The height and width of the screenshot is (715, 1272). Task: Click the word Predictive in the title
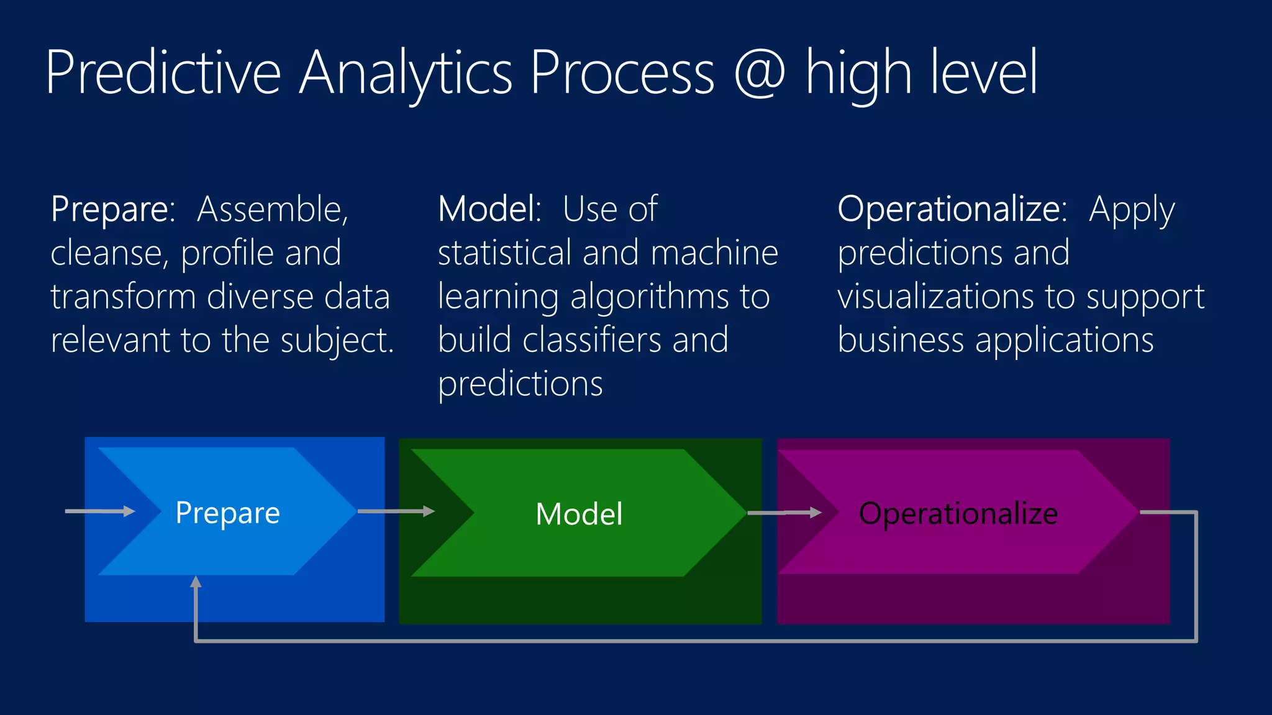163,73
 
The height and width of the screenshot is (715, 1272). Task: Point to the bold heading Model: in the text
489,209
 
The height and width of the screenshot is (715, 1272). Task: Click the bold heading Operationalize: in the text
952,209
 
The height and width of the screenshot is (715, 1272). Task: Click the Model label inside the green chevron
579,514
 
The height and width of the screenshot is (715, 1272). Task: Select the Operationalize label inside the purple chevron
958,514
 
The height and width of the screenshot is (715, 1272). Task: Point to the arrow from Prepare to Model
396,511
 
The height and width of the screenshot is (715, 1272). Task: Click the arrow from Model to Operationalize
784,513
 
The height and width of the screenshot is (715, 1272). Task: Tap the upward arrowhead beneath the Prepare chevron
196,582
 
